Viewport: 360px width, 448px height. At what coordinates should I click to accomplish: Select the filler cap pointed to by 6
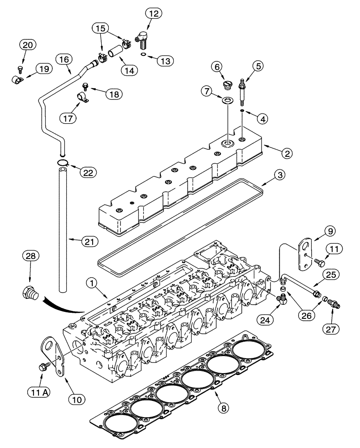coord(216,85)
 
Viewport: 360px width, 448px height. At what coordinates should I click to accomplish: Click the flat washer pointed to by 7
coord(227,99)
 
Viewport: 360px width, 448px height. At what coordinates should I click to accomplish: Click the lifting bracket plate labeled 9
coord(304,254)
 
